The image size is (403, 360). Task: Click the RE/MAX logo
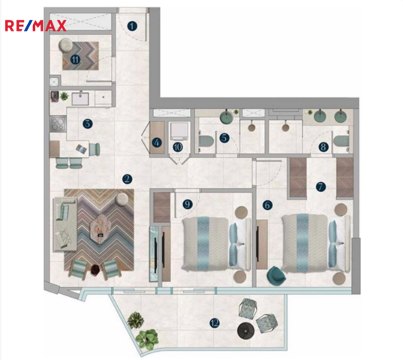35,26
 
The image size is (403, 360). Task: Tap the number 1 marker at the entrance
132,26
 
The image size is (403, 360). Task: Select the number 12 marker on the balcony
215,322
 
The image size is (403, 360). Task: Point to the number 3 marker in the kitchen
88,124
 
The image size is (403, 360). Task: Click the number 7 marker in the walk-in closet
320,187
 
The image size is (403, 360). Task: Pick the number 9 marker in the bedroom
188,204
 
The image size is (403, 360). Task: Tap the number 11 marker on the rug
75,59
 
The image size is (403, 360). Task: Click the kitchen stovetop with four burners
58,124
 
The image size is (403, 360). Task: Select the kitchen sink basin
80,99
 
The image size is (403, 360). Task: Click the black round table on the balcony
245,331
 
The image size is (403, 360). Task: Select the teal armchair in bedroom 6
276,275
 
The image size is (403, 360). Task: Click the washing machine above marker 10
179,130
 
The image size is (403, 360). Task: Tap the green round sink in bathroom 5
227,116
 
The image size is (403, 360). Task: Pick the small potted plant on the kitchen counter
64,96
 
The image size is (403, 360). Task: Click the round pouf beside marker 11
66,45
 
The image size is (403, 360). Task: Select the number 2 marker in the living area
128,179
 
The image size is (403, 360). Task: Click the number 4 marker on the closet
157,142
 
